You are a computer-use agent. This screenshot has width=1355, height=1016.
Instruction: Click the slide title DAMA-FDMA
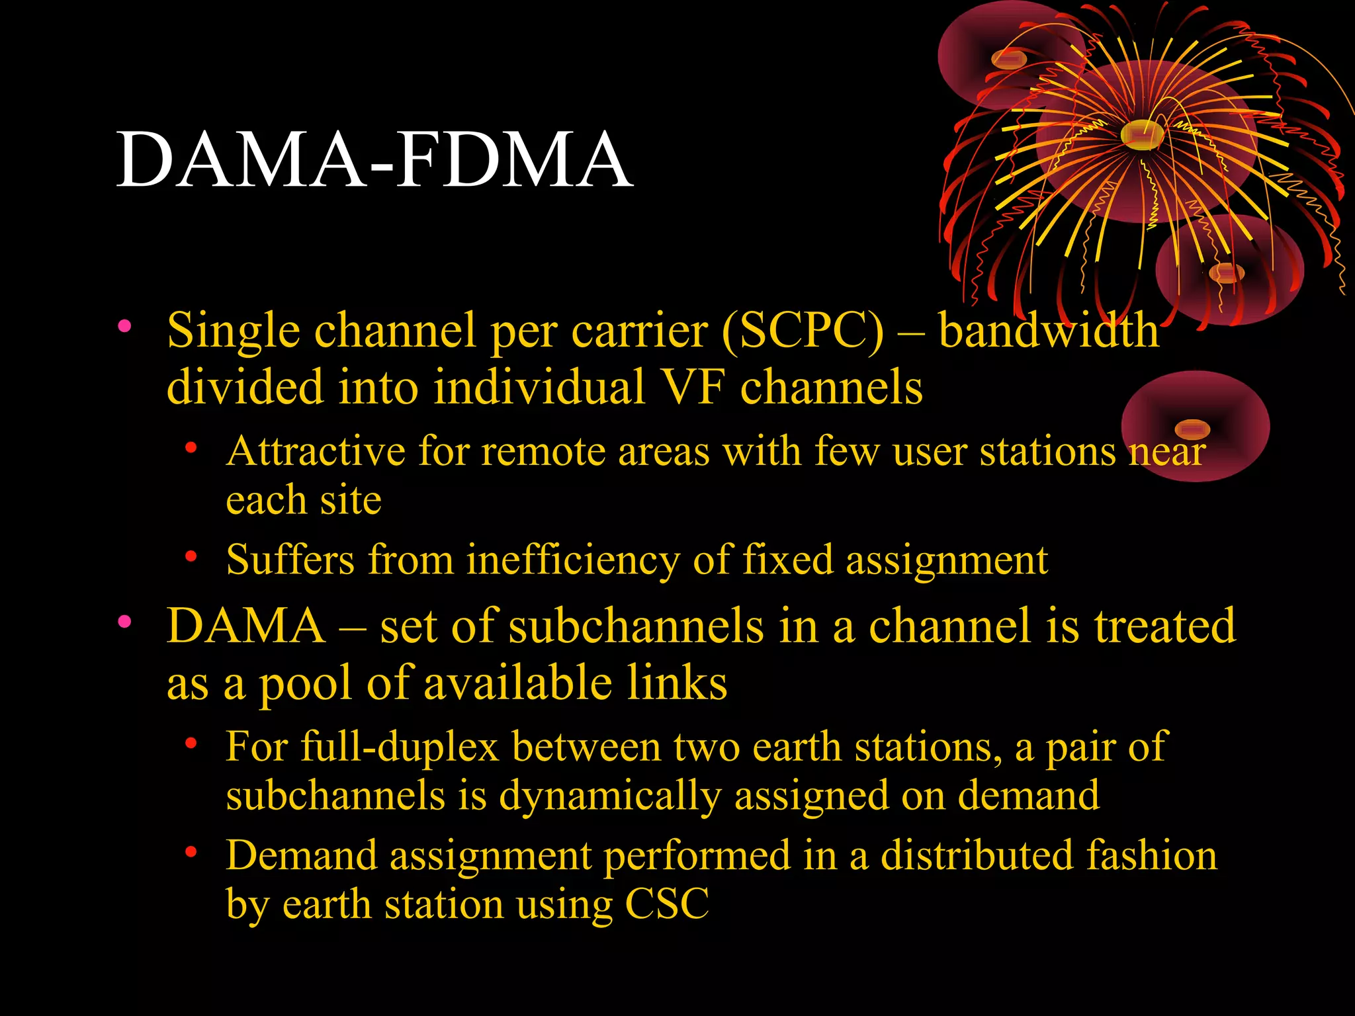tap(374, 160)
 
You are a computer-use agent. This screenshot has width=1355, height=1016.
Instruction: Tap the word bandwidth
tap(1049, 330)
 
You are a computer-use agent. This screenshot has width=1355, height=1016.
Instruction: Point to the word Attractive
tap(315, 452)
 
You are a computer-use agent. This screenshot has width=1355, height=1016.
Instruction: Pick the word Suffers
tap(290, 560)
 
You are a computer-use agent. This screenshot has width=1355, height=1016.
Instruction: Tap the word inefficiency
tap(572, 560)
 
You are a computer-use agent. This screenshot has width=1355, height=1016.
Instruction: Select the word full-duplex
tap(399, 747)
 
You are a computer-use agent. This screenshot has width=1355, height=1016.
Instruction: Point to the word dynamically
tap(609, 796)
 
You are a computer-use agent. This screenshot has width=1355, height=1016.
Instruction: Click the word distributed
tap(978, 856)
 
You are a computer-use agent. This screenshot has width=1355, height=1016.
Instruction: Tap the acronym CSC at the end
tap(667, 904)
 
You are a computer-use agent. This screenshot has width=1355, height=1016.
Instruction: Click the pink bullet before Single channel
tap(124, 325)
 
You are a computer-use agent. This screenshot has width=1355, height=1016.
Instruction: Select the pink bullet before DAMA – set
tap(124, 621)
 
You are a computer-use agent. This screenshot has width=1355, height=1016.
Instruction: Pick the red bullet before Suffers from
tap(191, 556)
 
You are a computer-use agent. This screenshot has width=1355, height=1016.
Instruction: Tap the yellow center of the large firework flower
tap(1142, 134)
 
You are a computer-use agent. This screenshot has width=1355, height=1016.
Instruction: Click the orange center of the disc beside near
tap(1192, 429)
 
